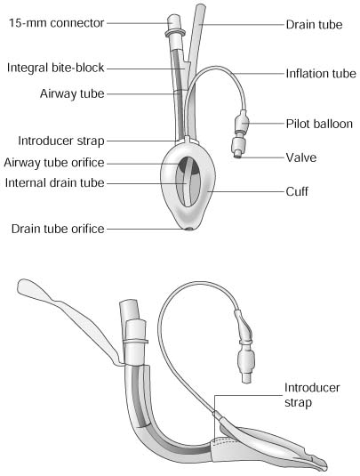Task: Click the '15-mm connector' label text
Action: [x=56, y=23]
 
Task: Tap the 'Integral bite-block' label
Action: [x=55, y=68]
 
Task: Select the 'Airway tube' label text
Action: [x=72, y=93]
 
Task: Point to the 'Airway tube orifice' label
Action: [x=54, y=163]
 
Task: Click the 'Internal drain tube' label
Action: [x=54, y=182]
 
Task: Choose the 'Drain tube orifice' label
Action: [x=58, y=229]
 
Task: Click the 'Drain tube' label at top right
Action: [x=314, y=25]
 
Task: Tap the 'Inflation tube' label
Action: [x=321, y=74]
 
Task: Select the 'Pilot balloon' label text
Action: [x=319, y=124]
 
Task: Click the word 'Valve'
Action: [x=301, y=157]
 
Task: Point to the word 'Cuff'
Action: [x=297, y=191]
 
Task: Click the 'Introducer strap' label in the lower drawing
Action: [x=312, y=395]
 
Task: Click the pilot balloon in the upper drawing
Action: [x=242, y=122]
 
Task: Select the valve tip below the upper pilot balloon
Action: [x=238, y=156]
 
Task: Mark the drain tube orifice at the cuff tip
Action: [x=189, y=230]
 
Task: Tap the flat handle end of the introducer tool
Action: [x=30, y=288]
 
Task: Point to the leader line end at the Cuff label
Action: [x=209, y=191]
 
